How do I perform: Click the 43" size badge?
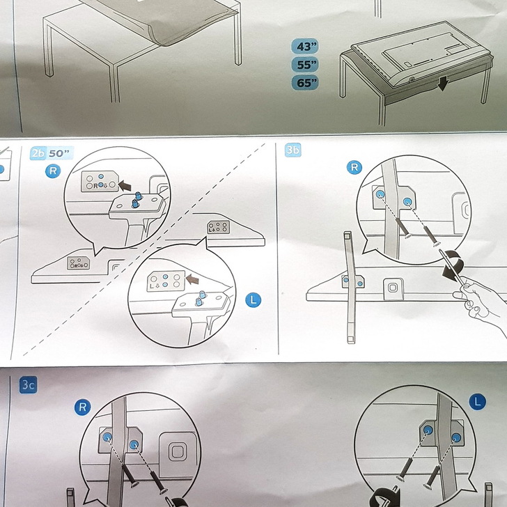[x=305, y=46]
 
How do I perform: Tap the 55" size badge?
[x=305, y=65]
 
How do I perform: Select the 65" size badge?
[x=305, y=83]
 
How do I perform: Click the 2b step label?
[x=38, y=153]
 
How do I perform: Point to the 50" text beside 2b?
[x=60, y=153]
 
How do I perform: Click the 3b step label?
[x=293, y=150]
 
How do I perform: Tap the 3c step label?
[x=28, y=384]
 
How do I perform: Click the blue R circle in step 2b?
[x=53, y=171]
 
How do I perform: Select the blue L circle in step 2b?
[x=253, y=300]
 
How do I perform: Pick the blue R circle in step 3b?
[x=354, y=167]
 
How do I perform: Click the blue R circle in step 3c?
[x=82, y=407]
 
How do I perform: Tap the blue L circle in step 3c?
[x=477, y=402]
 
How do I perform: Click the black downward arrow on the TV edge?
[x=442, y=84]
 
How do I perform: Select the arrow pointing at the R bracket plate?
[x=125, y=186]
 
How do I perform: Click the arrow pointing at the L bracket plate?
[x=192, y=279]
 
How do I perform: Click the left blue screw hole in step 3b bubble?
[x=380, y=194]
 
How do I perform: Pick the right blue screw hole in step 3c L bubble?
[x=457, y=437]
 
